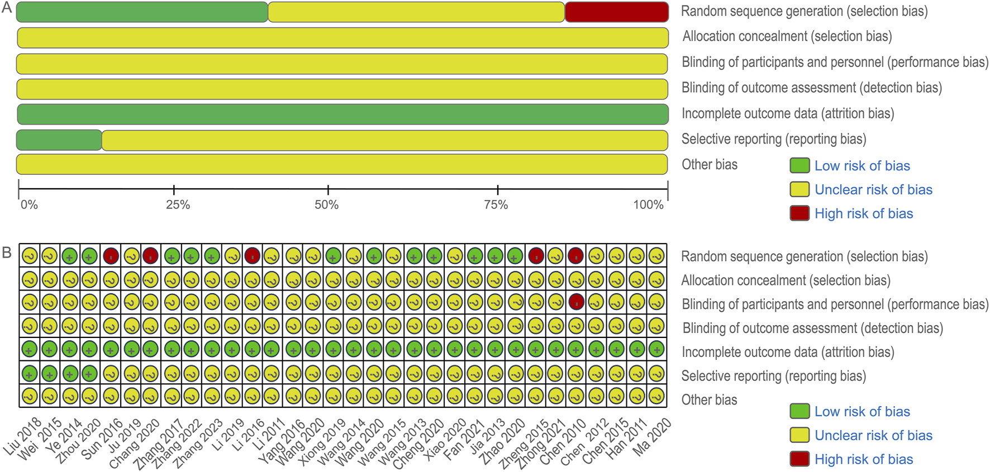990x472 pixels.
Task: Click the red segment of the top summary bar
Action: (616, 12)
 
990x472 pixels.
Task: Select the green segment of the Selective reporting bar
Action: (59, 140)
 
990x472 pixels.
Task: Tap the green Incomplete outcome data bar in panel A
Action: (342, 114)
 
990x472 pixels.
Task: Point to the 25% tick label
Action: (178, 205)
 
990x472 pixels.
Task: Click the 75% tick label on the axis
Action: (496, 205)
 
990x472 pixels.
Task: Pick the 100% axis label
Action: (648, 205)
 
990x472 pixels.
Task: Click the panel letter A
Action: (7, 8)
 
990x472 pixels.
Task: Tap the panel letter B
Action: (7, 252)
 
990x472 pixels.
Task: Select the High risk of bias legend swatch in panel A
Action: (799, 213)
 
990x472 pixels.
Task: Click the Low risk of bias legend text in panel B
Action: (862, 412)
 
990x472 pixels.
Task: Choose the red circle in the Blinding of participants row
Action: (576, 302)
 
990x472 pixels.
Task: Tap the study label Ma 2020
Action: (653, 437)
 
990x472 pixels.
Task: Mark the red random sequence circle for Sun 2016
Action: (111, 256)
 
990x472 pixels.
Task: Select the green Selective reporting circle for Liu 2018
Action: (30, 373)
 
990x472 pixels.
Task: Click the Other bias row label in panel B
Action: (709, 400)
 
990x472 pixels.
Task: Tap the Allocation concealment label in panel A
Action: (787, 37)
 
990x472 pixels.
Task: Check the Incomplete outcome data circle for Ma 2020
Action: (656, 350)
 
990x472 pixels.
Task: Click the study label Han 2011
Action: (627, 438)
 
